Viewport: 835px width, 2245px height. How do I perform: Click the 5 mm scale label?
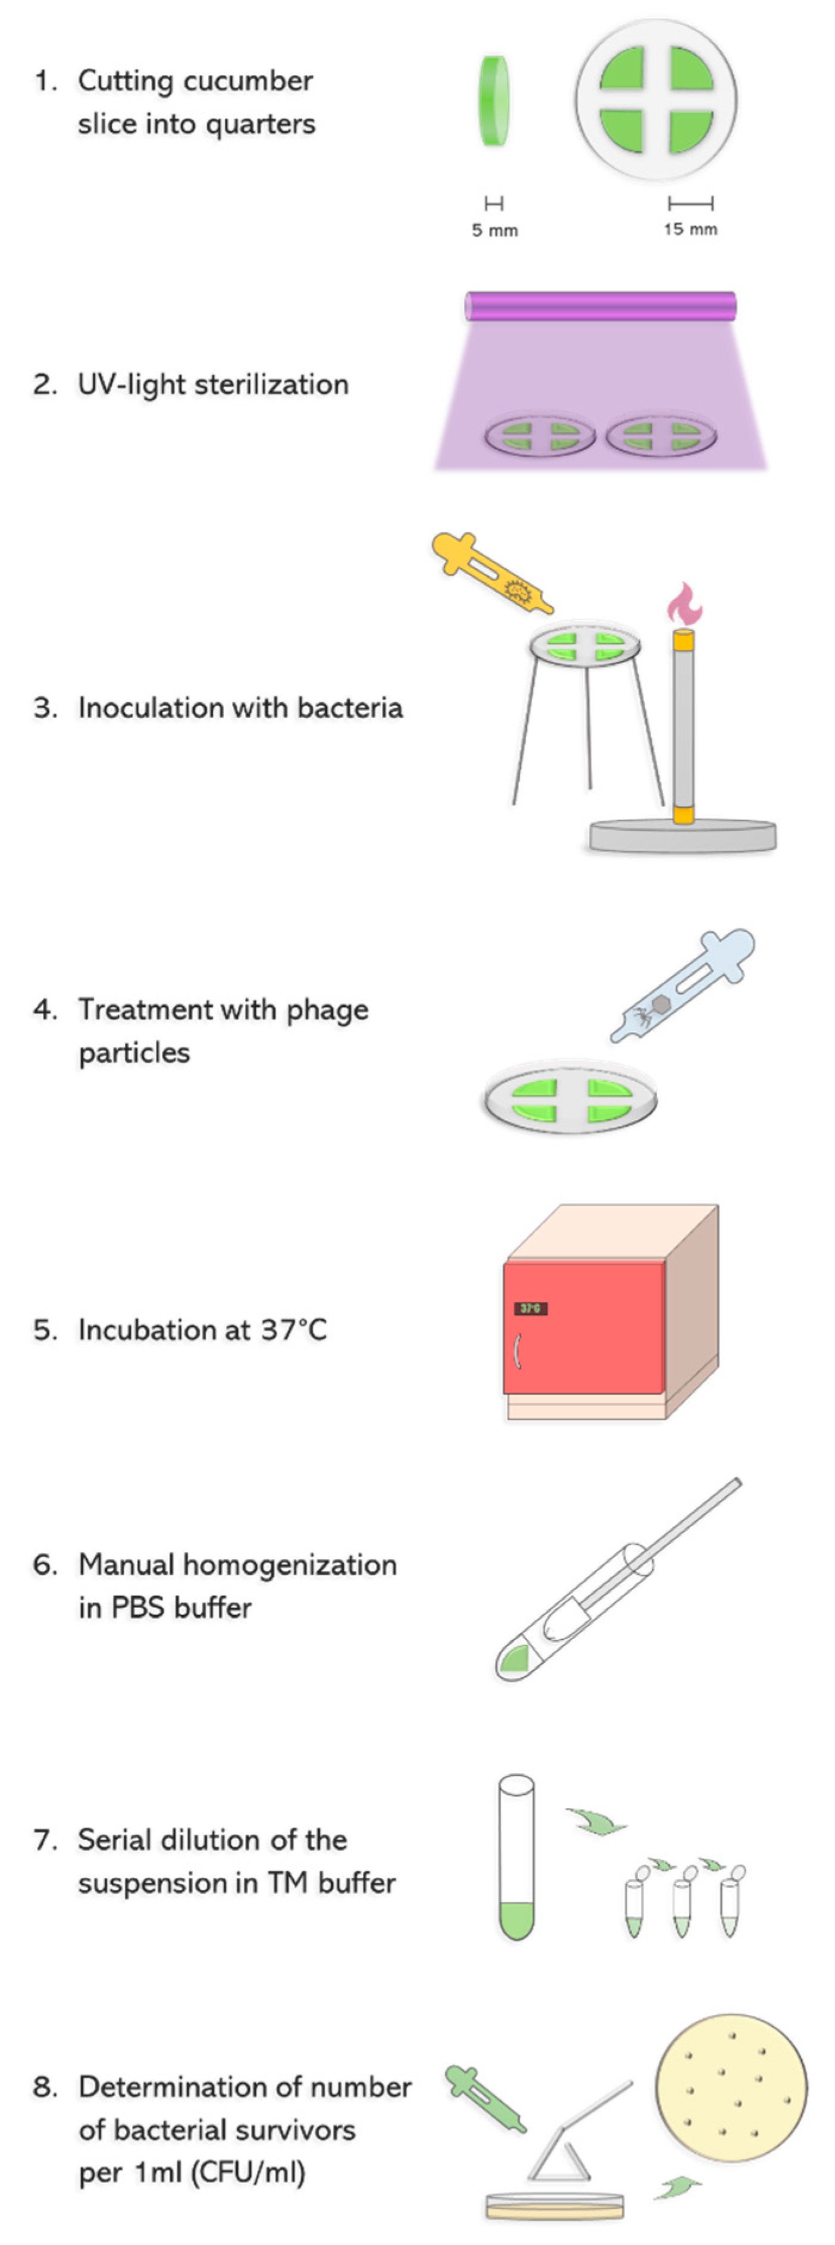[x=494, y=231]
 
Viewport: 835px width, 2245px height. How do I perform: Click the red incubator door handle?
[x=518, y=1351]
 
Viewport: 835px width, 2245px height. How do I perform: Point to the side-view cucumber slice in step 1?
[x=494, y=101]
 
